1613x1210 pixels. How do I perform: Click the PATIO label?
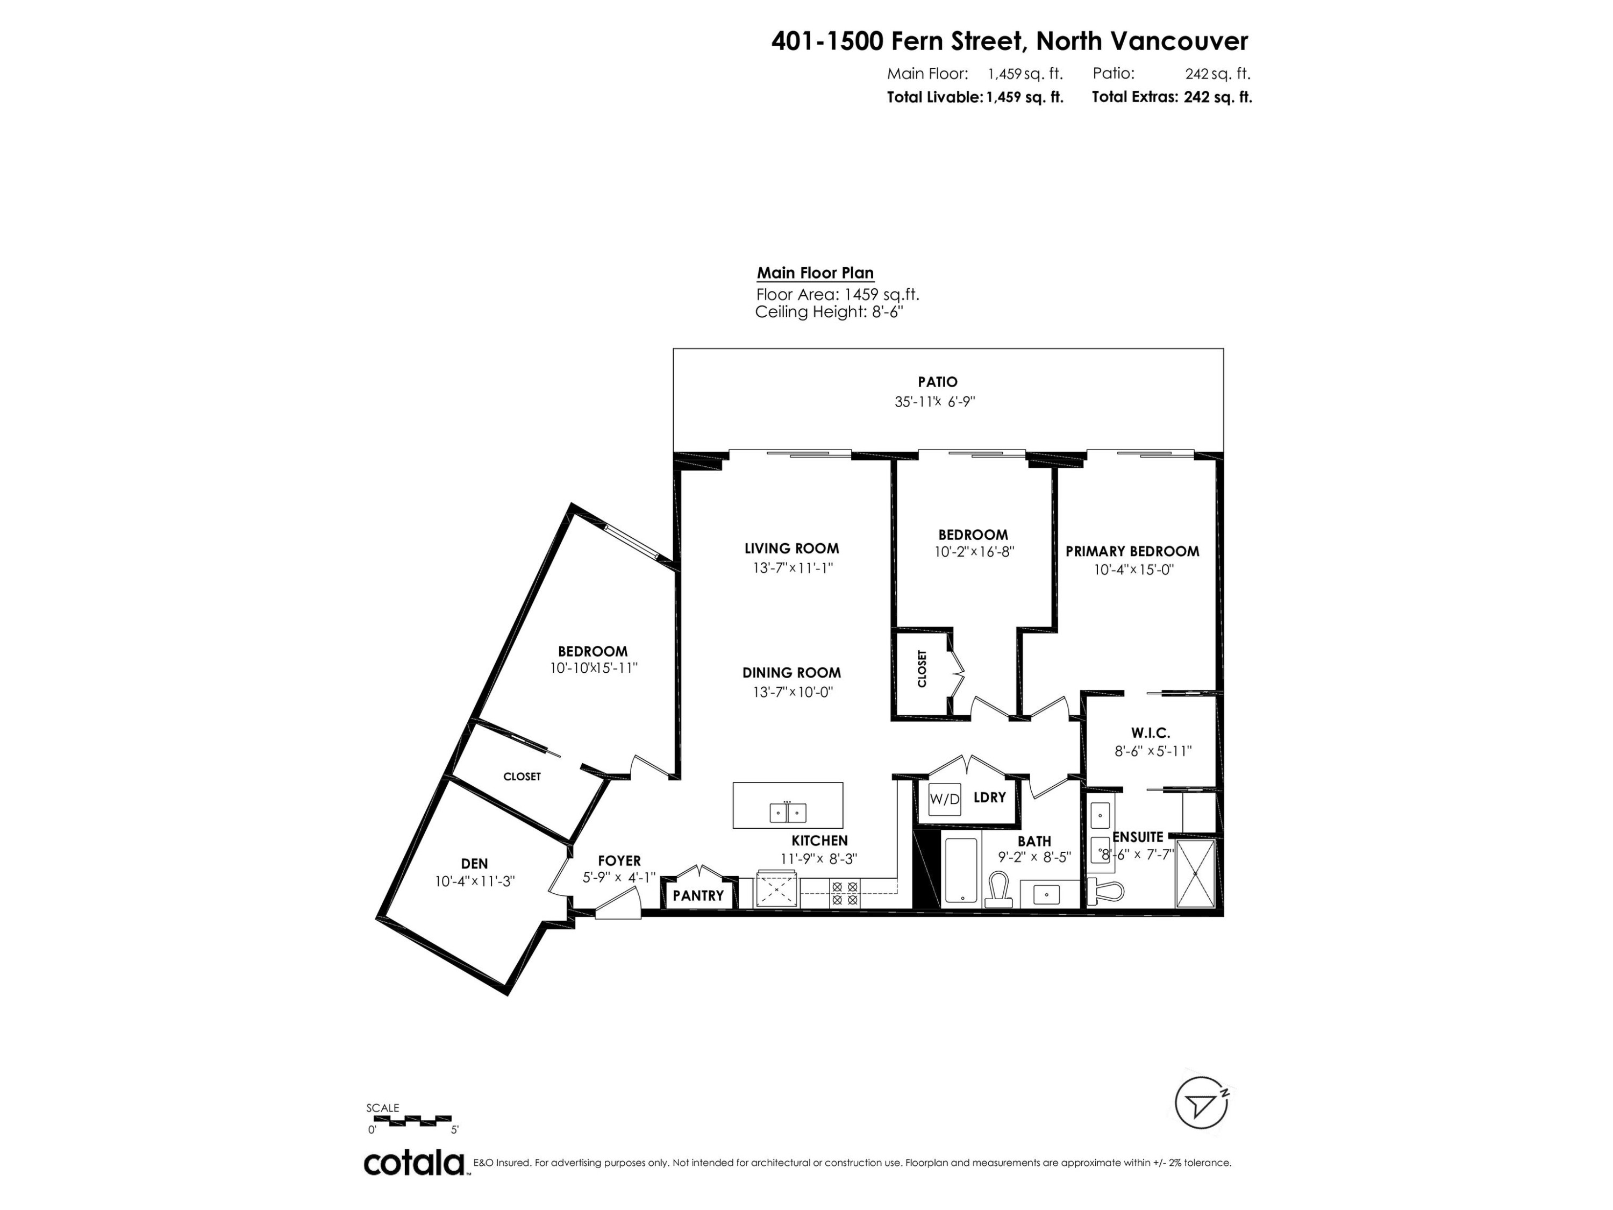click(x=937, y=381)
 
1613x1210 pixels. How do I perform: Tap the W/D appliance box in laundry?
click(x=944, y=799)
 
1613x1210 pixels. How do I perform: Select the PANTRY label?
click(x=698, y=895)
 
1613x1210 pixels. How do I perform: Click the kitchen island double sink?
click(x=788, y=812)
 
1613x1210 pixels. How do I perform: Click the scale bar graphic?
click(x=410, y=1120)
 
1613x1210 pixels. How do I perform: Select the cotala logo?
click(x=414, y=1163)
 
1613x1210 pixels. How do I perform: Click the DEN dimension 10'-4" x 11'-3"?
click(x=475, y=881)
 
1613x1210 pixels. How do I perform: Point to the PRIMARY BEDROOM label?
click(x=1132, y=551)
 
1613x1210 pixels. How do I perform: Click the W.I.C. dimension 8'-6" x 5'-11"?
click(x=1153, y=751)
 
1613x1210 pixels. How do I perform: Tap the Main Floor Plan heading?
click(x=815, y=273)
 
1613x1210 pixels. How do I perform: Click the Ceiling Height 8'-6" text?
click(x=833, y=312)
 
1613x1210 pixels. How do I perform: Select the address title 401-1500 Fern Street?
click(x=1009, y=41)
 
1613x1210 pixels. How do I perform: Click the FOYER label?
click(x=619, y=860)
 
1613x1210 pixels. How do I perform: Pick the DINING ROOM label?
click(x=791, y=672)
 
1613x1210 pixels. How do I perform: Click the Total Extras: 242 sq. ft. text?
click(x=1171, y=97)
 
